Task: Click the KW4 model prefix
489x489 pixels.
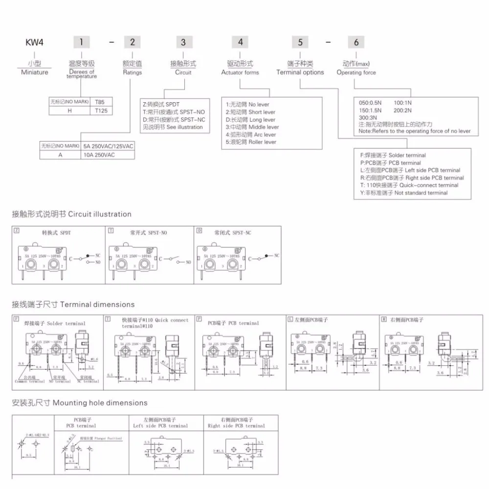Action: point(32,42)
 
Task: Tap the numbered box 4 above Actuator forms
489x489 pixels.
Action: point(240,42)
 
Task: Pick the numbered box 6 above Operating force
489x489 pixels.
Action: point(356,42)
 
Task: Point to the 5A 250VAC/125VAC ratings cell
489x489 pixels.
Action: point(108,146)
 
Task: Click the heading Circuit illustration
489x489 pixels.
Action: point(72,214)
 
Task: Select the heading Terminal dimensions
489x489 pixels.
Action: point(73,305)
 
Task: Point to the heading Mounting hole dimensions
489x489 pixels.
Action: point(80,403)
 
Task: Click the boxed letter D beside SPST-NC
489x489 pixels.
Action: point(199,230)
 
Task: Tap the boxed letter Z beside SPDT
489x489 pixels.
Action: point(17,230)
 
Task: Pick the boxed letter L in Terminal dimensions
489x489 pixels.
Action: point(290,319)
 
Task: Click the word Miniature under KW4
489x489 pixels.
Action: point(34,72)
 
